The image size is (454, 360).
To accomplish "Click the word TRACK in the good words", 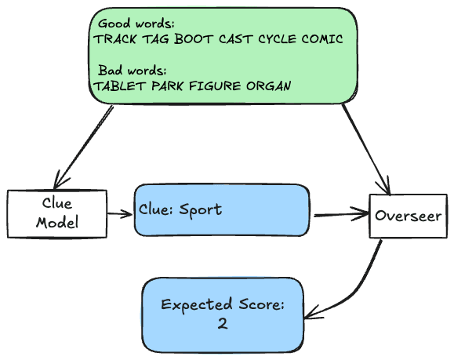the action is [x=115, y=39].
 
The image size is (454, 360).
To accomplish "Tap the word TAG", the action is [x=156, y=39].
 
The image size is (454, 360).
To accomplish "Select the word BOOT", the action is [x=194, y=39].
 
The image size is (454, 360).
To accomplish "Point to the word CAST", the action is [x=236, y=39].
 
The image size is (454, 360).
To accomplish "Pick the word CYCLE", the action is [x=277, y=39].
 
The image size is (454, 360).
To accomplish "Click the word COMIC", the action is [x=322, y=39].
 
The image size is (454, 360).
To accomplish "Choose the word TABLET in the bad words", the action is [x=120, y=86].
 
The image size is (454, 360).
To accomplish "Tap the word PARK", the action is [x=167, y=86].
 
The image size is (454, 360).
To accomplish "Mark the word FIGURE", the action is [x=215, y=86].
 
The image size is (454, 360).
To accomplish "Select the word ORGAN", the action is [x=269, y=86].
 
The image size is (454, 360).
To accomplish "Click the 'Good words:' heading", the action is [x=136, y=24].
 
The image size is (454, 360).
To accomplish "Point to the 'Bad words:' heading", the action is [x=132, y=71].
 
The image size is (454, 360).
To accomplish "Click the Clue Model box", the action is [x=57, y=214].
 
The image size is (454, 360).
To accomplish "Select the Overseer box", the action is [x=409, y=216].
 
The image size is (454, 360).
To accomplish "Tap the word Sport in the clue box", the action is [x=201, y=210].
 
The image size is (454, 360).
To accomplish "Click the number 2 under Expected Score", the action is [x=223, y=323].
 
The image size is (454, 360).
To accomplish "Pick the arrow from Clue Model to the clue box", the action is [x=120, y=214].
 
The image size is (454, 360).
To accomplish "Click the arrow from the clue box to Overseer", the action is [x=341, y=215].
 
